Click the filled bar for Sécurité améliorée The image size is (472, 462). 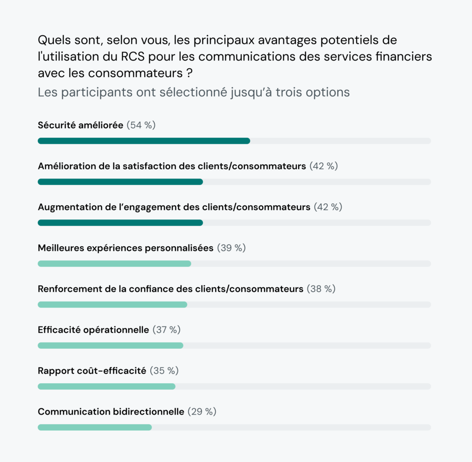(144, 141)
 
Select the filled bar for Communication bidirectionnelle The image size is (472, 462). (94, 427)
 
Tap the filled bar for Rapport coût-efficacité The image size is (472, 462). (106, 386)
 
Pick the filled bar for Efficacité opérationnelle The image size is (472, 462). (110, 345)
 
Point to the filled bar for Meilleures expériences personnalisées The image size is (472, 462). (114, 264)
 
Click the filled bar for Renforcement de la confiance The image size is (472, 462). (112, 304)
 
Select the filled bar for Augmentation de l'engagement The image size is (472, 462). (120, 223)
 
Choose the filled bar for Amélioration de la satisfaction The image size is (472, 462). (120, 182)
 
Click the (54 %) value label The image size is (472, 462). (141, 125)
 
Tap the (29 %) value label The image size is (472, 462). (202, 412)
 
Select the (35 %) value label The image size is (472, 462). (164, 371)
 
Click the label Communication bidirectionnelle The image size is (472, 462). (111, 412)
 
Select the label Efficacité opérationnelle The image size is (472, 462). (94, 330)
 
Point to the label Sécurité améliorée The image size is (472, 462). (81, 125)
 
